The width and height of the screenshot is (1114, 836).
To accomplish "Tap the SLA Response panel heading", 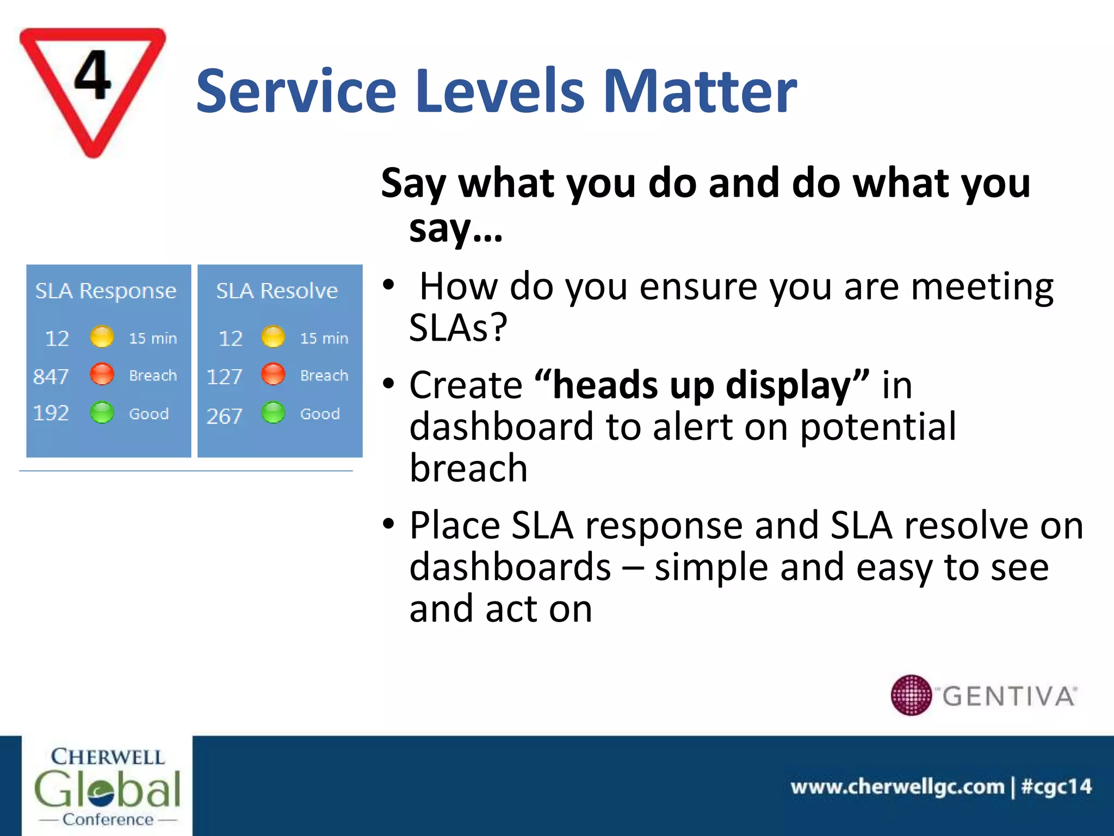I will point(106,291).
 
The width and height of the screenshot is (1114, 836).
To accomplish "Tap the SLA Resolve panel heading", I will point(277,291).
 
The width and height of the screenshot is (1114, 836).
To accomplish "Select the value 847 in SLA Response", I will point(51,376).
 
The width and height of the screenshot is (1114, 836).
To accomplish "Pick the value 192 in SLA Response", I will point(51,413).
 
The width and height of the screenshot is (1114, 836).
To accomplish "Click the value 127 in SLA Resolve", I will point(224,377).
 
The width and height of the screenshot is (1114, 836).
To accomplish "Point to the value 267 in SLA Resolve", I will point(224,416).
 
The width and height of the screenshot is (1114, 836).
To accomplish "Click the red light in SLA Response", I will point(102,374).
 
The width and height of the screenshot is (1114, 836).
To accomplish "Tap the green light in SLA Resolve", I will point(273,413).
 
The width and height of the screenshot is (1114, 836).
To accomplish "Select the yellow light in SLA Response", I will point(102,337).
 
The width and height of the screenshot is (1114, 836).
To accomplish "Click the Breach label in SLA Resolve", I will point(324,376).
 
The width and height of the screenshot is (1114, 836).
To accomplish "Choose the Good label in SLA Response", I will point(148,414).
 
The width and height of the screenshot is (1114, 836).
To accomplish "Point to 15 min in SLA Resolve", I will point(324,338).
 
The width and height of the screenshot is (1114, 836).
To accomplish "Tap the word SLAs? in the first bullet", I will point(458,328).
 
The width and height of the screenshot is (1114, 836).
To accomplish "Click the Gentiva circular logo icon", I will point(911,695).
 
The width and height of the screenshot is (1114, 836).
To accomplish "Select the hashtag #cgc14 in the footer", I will point(1056,786).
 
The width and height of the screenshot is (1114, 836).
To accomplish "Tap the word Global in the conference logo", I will point(107,789).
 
